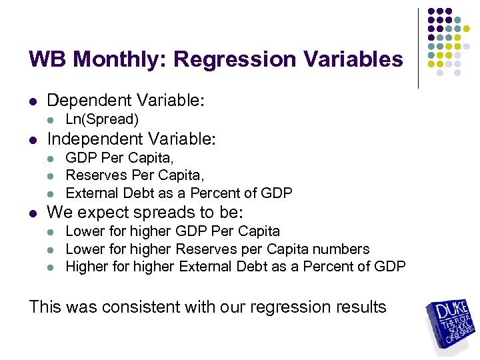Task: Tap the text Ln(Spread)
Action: (102, 119)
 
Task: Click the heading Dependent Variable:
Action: (125, 101)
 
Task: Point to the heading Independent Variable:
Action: (132, 139)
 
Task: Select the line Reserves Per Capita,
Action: (135, 175)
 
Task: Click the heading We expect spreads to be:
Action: (145, 213)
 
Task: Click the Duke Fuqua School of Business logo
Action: (451, 327)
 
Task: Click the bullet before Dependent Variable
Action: (33, 102)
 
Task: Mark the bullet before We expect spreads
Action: (33, 214)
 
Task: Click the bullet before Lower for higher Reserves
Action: (51, 250)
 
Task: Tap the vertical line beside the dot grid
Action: (418, 48)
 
